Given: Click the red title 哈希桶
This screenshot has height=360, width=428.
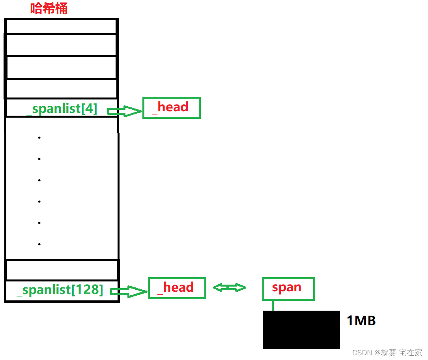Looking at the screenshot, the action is pos(49,9).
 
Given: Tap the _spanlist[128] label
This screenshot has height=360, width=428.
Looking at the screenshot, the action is pos(60,290).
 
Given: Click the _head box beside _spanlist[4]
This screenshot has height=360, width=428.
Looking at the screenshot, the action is pos(171,107).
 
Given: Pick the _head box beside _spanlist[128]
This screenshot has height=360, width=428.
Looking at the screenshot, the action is pos(177,288).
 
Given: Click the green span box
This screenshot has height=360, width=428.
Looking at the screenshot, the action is pos(288,288).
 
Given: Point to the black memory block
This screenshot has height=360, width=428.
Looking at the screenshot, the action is pos(301,330).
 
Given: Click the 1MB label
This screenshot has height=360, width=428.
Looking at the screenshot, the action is pos(361,321).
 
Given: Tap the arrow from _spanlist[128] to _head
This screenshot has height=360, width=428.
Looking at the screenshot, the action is pos(129,292).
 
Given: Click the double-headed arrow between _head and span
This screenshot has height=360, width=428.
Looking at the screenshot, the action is pos(229,288).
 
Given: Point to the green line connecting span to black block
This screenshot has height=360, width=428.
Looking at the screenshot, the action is pos(273,305).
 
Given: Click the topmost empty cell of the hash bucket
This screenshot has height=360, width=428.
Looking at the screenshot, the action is pos(61,26).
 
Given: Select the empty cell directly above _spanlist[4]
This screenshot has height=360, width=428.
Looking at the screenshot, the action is pos(61,89).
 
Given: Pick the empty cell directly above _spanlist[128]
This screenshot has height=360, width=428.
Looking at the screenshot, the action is pos(61,270).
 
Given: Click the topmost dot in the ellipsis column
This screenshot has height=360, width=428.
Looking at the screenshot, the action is pos(39,137).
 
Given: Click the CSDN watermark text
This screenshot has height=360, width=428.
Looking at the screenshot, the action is pos(387,352).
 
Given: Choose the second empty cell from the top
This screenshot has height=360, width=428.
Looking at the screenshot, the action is pos(61,45).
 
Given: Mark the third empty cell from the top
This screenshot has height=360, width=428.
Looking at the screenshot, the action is pos(61,67).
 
